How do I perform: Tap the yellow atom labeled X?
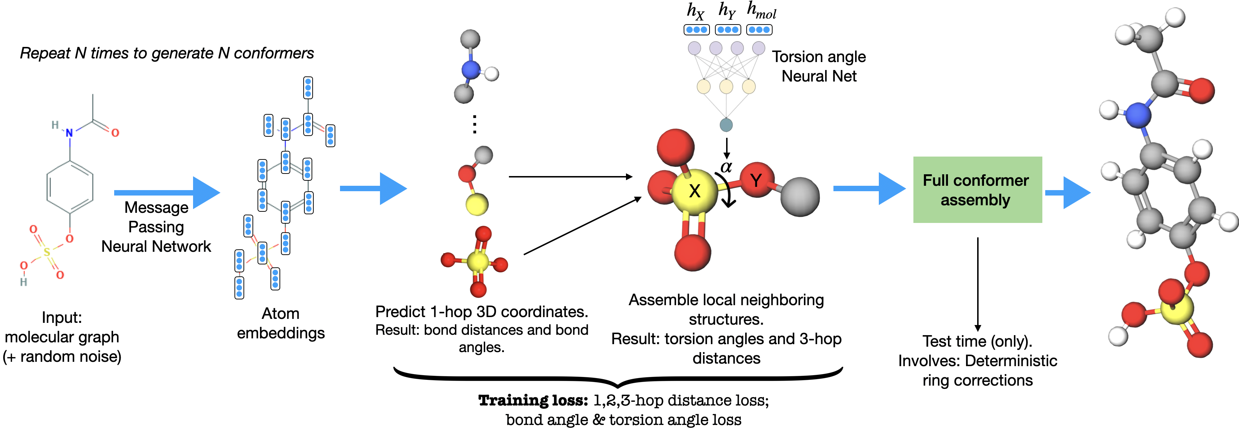click(x=694, y=191)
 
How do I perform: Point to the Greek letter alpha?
click(x=726, y=167)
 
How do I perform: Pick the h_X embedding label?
click(x=695, y=10)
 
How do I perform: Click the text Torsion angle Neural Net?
click(x=819, y=66)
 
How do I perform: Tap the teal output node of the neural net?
click(x=726, y=125)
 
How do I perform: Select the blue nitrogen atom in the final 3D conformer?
click(x=1138, y=115)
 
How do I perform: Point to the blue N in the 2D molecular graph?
click(x=69, y=133)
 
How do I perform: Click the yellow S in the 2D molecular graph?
click(x=47, y=252)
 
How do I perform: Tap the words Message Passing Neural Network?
click(x=156, y=227)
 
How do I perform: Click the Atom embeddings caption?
click(x=281, y=323)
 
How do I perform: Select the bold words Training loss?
click(x=532, y=400)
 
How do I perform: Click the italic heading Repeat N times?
click(x=166, y=53)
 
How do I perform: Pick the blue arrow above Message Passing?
click(x=166, y=193)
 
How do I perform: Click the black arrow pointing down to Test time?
click(x=978, y=284)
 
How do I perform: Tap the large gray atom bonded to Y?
click(x=799, y=197)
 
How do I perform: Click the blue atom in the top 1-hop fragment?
click(x=470, y=70)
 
